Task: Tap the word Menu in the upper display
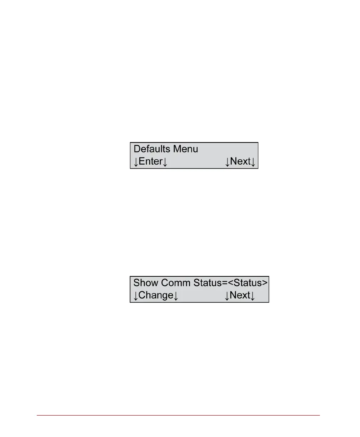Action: (186, 149)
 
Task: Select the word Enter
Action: (151, 162)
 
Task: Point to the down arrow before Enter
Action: (136, 162)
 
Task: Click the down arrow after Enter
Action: (165, 162)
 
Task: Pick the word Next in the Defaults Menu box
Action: (240, 162)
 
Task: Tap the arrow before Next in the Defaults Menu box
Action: (227, 162)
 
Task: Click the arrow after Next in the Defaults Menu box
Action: (253, 162)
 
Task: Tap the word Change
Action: (155, 296)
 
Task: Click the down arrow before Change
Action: (136, 296)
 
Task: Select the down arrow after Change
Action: (175, 296)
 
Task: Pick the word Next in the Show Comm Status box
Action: (240, 296)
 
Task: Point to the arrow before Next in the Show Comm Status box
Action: (227, 296)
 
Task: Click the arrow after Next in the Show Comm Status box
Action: (253, 296)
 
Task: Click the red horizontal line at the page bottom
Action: (179, 415)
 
